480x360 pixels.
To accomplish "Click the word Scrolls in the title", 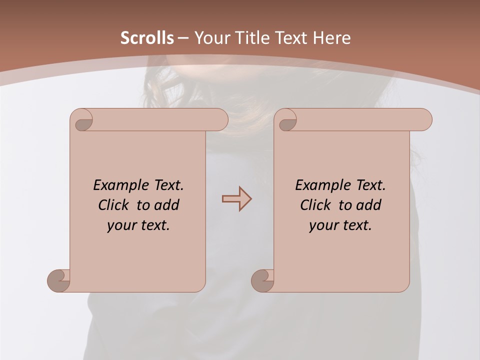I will pos(147,38).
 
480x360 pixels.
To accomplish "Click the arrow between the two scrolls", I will pos(236,198).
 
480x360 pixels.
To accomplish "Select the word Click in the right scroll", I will pos(315,205).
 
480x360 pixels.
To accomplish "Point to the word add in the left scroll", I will pos(167,205).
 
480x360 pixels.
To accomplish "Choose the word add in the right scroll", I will pos(369,205).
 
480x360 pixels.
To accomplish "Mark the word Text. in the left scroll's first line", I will pos(167,185).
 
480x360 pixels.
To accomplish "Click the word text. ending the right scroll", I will pos(357,225).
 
